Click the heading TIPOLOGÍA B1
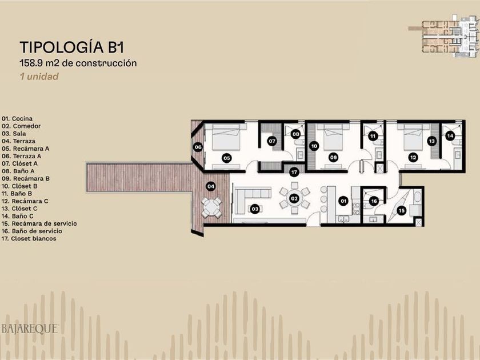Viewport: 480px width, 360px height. [72, 47]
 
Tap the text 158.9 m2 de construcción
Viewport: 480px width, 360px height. [78, 63]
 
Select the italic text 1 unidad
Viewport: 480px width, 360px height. [39, 76]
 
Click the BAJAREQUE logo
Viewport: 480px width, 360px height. [30, 329]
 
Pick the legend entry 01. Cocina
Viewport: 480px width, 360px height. [17, 118]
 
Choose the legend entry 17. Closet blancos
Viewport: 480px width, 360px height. [29, 238]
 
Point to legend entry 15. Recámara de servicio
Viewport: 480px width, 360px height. [39, 223]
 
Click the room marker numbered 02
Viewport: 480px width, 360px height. [294, 198]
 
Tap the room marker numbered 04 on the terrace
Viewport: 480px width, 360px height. [211, 186]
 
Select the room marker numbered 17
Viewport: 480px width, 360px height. [294, 172]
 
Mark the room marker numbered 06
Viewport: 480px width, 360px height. [198, 147]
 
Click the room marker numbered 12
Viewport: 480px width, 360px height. [413, 158]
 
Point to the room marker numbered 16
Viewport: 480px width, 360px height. [374, 201]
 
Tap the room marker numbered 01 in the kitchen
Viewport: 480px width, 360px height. [343, 201]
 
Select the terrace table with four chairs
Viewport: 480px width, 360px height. [211, 207]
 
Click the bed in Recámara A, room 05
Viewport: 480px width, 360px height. [226, 138]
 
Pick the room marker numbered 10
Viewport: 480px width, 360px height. [314, 146]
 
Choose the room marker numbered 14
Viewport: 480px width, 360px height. [450, 135]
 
